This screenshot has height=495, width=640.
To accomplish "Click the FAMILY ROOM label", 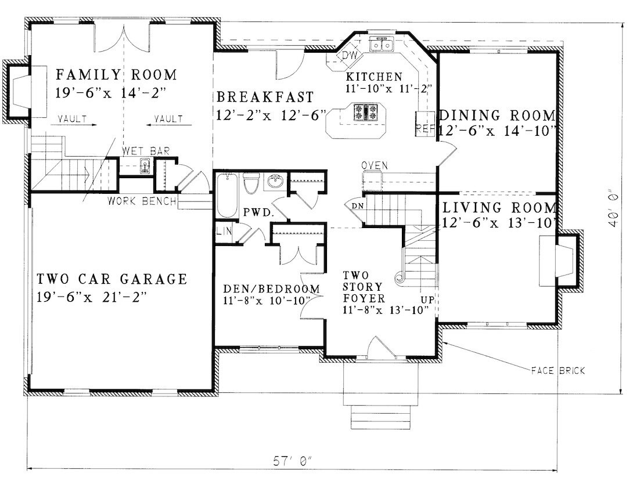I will tap(116, 75).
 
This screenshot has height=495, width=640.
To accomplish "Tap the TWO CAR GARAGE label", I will tap(112, 279).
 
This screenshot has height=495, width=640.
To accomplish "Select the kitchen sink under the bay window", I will tap(382, 44).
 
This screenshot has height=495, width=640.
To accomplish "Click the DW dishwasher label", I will tap(349, 56).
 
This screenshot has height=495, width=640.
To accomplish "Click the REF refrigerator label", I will tap(425, 129).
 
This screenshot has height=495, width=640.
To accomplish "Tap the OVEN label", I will tap(374, 166).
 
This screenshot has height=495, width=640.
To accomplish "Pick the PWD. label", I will tap(258, 213).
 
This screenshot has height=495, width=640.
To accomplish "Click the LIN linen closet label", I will tap(224, 232).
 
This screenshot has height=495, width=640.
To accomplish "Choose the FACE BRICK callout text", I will tap(558, 370).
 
